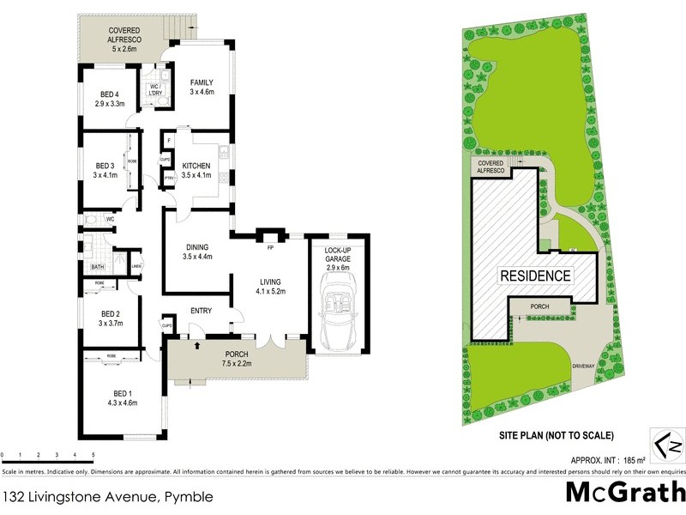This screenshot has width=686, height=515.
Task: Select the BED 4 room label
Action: coord(109,95)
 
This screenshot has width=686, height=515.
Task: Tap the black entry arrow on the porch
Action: coord(198,346)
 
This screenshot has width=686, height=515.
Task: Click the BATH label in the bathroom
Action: coord(98,267)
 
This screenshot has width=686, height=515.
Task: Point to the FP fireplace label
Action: coord(270,247)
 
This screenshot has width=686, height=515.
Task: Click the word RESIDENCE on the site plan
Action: coord(536,276)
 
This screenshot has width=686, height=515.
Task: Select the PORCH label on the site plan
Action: coord(540,306)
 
